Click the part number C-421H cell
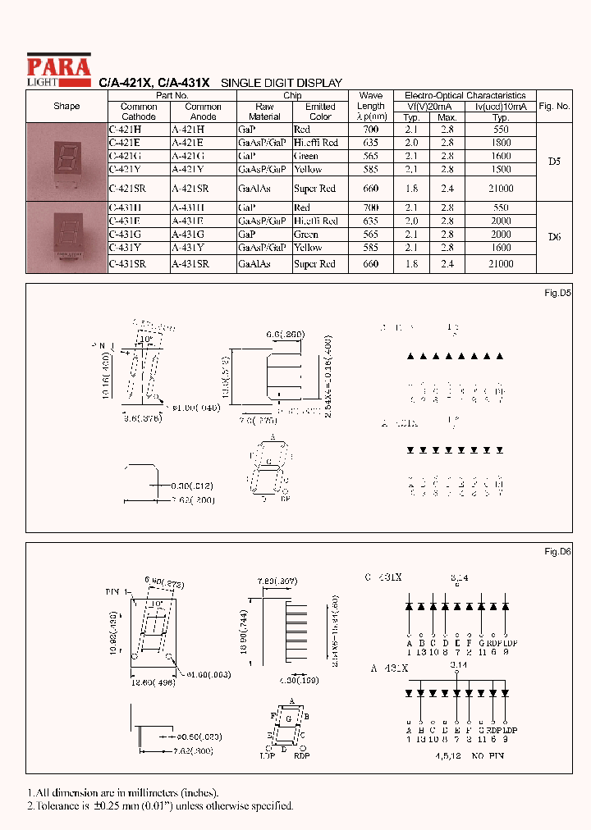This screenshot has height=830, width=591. tap(125, 130)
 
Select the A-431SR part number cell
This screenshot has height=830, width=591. tap(190, 264)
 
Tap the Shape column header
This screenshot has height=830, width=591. tap(66, 107)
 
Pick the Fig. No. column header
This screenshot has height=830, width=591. tap(554, 107)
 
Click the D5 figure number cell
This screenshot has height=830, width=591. tap(554, 162)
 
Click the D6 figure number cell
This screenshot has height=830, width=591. tap(554, 237)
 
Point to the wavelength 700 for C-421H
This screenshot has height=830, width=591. tap(370, 130)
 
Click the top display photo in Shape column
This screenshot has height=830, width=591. tap(66, 162)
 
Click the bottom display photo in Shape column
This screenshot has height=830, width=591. tap(66, 237)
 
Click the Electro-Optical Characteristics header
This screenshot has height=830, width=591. tap(465, 95)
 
